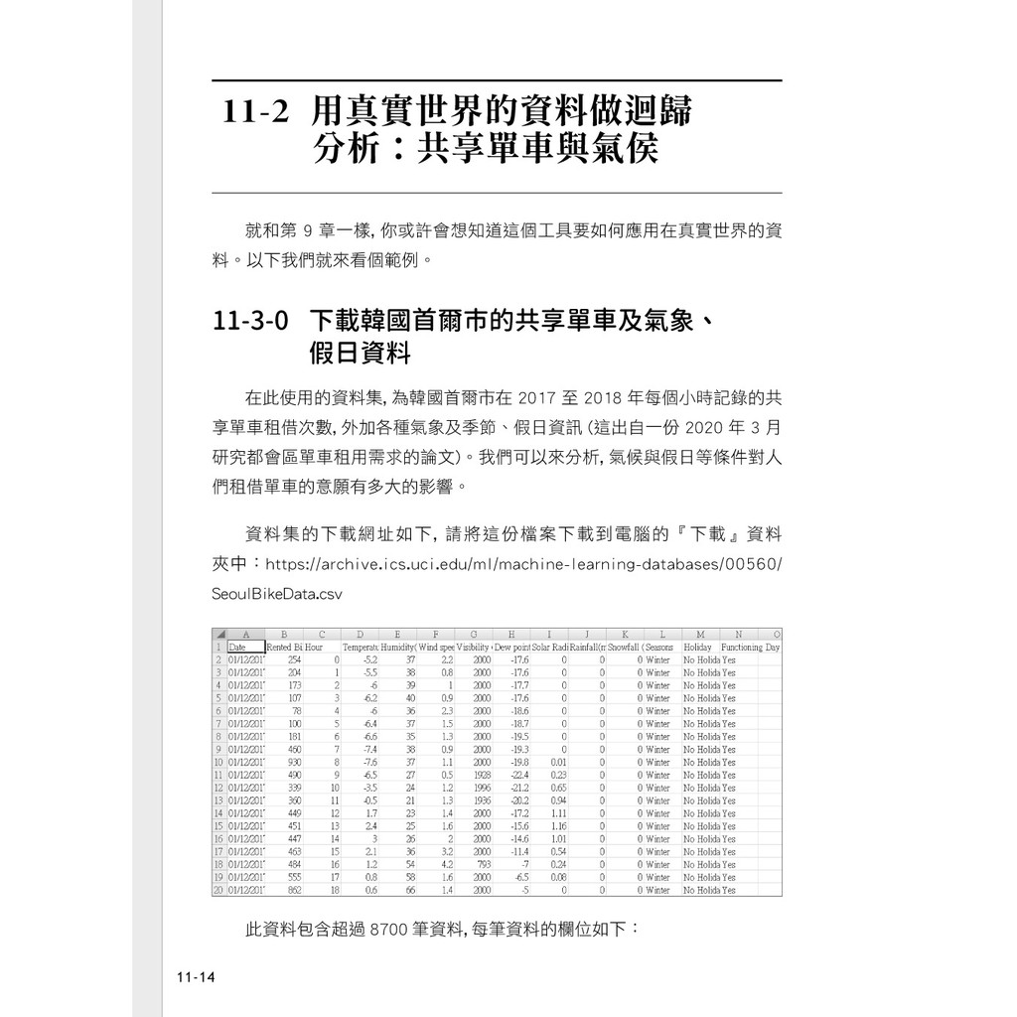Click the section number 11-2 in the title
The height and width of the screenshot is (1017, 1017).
[255, 110]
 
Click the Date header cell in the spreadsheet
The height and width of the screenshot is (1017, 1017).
[236, 647]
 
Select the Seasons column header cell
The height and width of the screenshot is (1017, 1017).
[658, 647]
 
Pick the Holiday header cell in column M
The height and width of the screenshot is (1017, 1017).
[698, 647]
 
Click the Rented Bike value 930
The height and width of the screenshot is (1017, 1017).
[294, 762]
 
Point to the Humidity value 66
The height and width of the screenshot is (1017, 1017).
[408, 891]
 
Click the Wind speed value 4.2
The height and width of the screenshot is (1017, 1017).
[446, 865]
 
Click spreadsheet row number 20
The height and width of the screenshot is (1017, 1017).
[218, 891]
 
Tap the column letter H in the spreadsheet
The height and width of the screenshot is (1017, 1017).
[510, 634]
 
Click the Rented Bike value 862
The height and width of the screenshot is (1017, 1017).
[294, 891]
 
